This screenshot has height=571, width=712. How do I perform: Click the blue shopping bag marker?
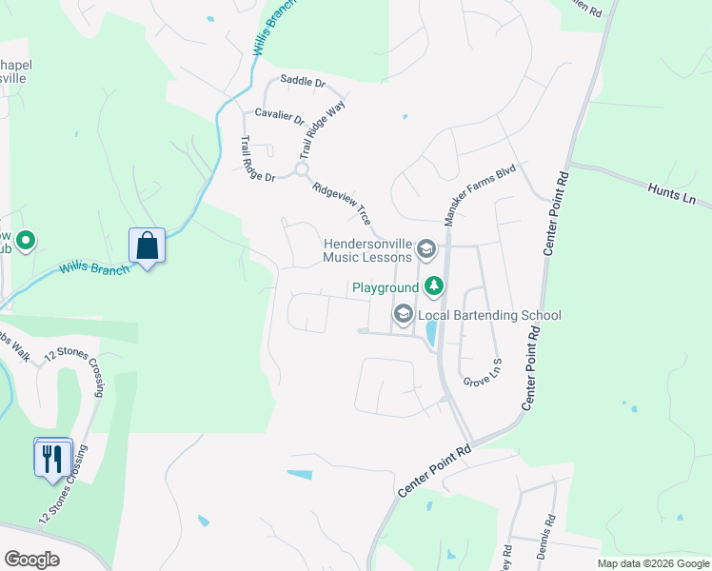coord(148,246)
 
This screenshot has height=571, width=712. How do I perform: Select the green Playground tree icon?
coord(434,285)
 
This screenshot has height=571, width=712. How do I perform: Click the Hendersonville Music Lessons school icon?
coord(425,250)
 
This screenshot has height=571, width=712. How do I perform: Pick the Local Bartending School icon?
coord(404,315)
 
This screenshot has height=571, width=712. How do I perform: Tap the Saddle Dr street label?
coord(303,82)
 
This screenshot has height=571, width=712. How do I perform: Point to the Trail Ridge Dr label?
coord(256,159)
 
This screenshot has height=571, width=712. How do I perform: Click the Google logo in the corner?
coord(31,560)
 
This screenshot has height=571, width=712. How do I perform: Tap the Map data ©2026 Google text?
coord(653,563)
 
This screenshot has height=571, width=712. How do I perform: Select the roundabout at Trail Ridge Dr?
coord(302,169)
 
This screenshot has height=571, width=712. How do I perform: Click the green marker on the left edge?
coord(26,242)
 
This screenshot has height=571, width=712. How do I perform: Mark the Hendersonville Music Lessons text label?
coord(366,250)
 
